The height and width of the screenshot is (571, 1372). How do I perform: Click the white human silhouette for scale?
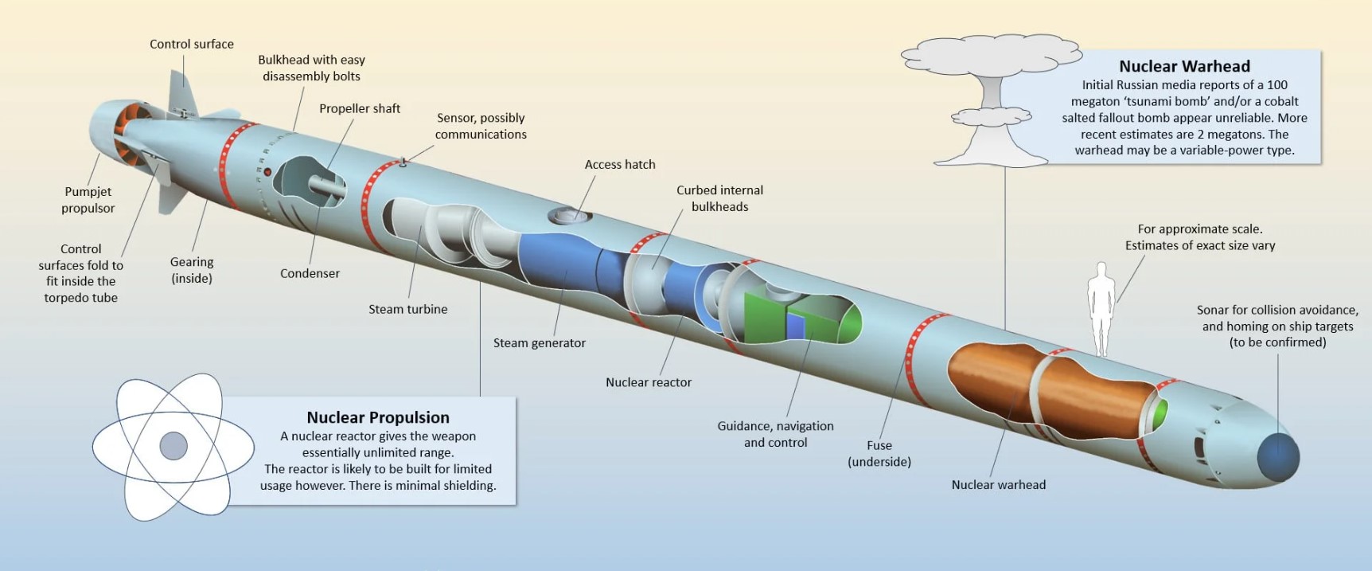[1101, 307]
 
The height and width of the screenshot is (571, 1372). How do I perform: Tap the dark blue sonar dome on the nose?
[1277, 457]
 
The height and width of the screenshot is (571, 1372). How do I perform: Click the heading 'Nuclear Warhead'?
[1184, 66]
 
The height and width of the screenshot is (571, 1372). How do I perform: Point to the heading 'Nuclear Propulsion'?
[378, 417]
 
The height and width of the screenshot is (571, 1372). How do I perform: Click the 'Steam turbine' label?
[407, 309]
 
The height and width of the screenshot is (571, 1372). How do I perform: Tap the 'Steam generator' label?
[539, 342]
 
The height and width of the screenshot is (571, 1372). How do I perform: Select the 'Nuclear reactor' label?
[648, 382]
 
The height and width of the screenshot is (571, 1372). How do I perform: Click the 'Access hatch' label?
[620, 164]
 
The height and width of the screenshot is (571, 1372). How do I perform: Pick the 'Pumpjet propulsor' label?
[88, 200]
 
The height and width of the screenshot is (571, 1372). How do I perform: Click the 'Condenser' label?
[310, 273]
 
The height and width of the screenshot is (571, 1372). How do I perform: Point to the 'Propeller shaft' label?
[360, 108]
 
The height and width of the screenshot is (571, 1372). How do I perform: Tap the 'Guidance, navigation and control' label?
[775, 434]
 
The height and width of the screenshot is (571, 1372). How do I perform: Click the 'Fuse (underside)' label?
[879, 453]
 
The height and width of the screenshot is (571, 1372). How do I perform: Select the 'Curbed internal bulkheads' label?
[719, 198]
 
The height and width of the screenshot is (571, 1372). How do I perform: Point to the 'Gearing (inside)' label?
[192, 270]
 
